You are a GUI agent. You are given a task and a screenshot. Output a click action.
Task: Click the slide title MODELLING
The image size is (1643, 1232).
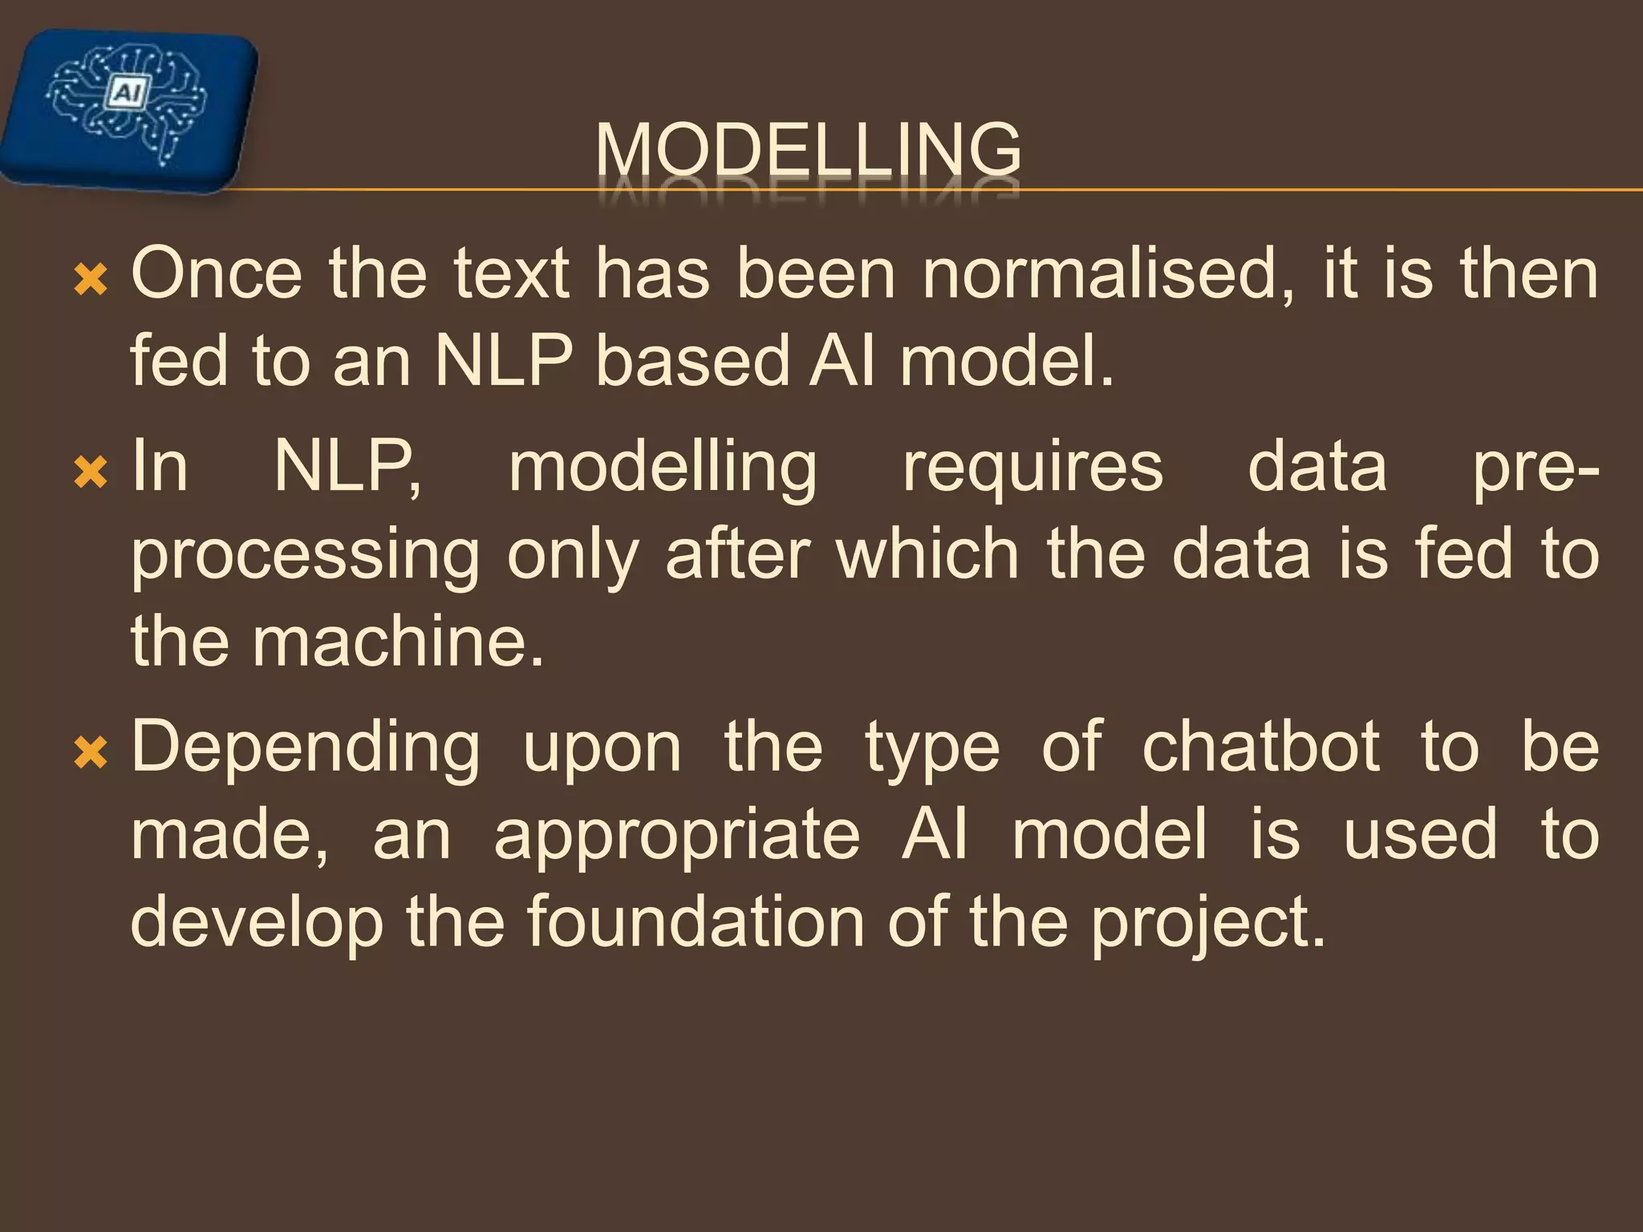coord(808,150)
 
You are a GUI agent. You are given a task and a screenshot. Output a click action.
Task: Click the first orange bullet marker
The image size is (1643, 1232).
coord(90,280)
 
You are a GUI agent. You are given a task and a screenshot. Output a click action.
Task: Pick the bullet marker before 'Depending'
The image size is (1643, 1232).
coord(90,753)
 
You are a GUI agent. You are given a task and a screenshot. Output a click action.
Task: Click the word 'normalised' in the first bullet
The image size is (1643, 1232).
coord(1108,275)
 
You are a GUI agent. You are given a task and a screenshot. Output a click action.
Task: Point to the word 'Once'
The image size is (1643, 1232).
coord(217,275)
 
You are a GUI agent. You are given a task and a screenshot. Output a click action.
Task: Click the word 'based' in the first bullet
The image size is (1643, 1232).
coord(692,362)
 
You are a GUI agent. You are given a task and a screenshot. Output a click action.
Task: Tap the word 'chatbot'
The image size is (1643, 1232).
coord(1260,748)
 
